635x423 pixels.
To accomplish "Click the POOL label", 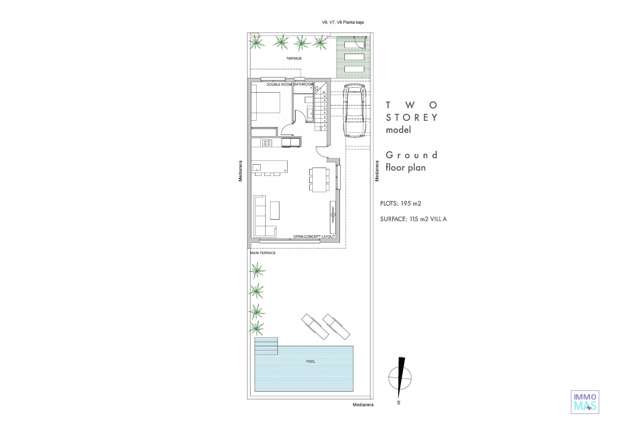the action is pos(311,362).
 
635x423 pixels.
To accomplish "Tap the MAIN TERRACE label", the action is pos(263,253).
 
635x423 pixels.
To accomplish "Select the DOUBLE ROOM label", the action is pos(279,85).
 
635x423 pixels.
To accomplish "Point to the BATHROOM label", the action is pos(303,84).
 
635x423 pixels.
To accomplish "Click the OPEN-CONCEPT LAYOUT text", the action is pos(314,237).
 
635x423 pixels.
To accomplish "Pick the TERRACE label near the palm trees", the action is pos(294,58).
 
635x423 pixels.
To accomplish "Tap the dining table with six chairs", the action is pos(319,179).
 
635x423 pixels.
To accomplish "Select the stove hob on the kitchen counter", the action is pos(267,143).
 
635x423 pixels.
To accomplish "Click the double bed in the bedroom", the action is pos(266,103).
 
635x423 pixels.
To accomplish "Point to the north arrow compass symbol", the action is pos(400,378).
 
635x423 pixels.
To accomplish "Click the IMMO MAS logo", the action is pos(585,402).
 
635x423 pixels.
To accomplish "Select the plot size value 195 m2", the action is pos(411,204).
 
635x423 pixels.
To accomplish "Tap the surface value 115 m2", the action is pos(419,219).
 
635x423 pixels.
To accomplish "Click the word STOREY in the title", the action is pos(412,118).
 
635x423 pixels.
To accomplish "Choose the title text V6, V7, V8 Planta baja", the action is pos(343,22).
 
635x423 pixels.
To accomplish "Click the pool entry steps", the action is pos(266,346).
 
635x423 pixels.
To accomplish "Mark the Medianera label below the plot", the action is pos(363,405).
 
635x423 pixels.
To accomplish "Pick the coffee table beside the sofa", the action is pos(275,211).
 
